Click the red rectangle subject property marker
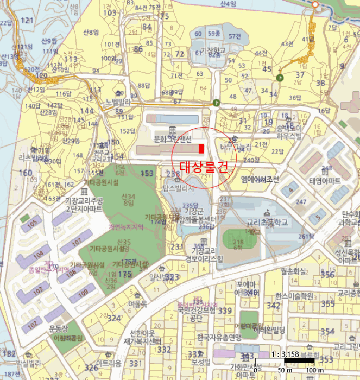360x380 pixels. coord(201,149)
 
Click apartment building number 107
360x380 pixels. coord(75,242)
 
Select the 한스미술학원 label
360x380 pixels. coord(294,296)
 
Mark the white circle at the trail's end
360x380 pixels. coord(315,4)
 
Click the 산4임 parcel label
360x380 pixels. coord(228,4)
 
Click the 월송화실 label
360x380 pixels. coord(293,269)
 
